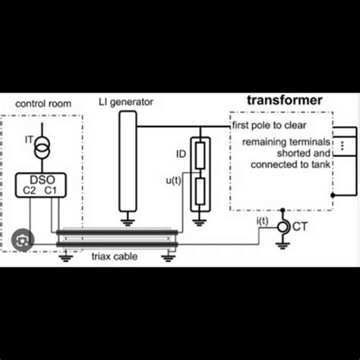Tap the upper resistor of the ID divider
pyautogui.click(x=201, y=155)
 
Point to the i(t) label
pyautogui.click(x=263, y=221)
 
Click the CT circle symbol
pyautogui.click(x=283, y=226)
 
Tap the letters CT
pyautogui.click(x=302, y=226)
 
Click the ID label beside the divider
pyautogui.click(x=181, y=154)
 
